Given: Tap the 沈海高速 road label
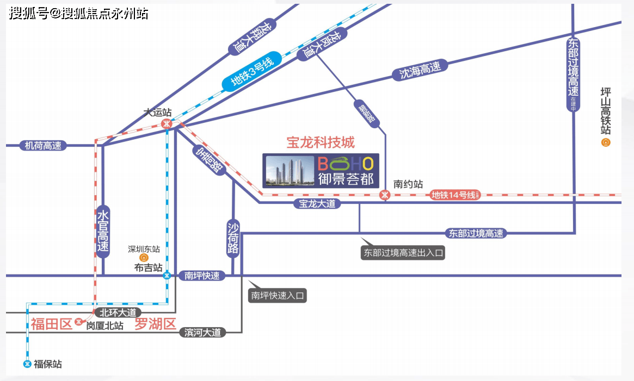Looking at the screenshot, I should point(420,70).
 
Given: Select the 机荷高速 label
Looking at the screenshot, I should point(43,146).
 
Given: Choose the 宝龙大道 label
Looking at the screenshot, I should point(317,204).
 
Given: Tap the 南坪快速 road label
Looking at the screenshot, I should point(202,276).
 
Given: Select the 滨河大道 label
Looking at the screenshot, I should point(202,333).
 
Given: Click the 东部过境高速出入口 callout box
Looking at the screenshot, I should point(403,253).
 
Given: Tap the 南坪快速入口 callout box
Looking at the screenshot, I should point(277,296).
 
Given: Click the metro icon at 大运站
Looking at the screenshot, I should point(167,123).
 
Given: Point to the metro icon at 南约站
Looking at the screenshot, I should point(385,195).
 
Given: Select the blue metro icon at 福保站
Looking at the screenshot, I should point(27,364).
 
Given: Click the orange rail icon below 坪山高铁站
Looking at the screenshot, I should point(605,142).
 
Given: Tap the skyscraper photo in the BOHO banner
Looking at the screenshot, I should point(288,171).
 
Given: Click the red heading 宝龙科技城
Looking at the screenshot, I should point(321,142).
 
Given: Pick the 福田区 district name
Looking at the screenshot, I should point(51,325).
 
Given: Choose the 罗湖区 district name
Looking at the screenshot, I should point(156,325).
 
